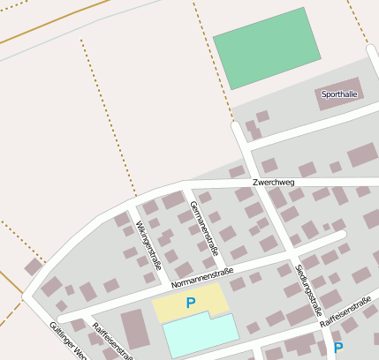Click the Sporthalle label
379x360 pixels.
(340, 94)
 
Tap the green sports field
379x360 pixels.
(271, 48)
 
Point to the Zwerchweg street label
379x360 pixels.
(273, 183)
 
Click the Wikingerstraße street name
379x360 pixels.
(149, 244)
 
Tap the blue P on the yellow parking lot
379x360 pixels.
(190, 303)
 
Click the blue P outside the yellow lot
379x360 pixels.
(337, 348)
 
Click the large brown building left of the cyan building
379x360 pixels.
(135, 328)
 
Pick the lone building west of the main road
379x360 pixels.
(33, 266)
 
